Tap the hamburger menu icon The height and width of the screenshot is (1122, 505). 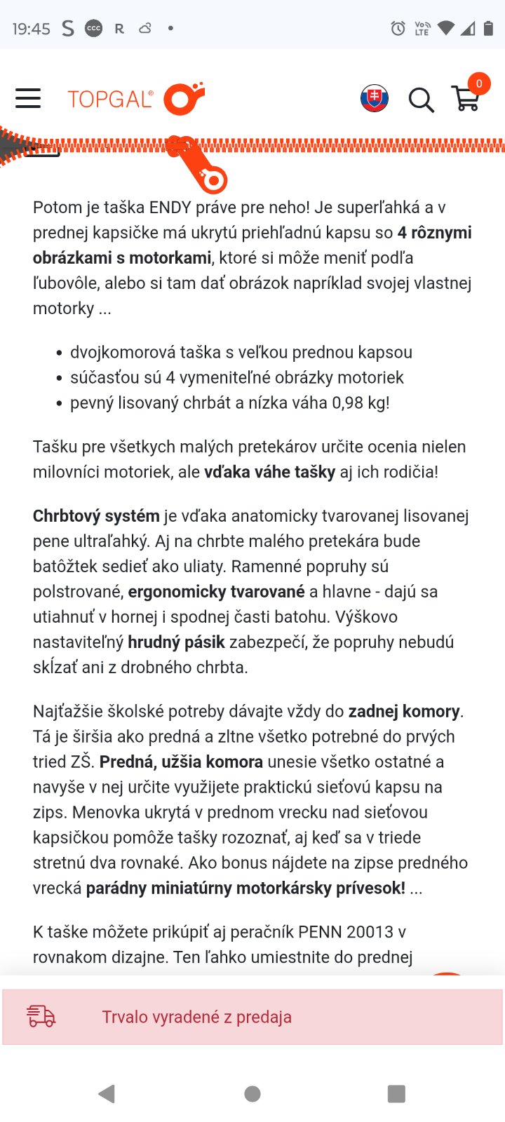tap(28, 98)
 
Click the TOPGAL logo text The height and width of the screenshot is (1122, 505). tap(110, 99)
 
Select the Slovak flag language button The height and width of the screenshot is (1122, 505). tap(375, 99)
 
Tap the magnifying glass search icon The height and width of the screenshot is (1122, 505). tap(421, 100)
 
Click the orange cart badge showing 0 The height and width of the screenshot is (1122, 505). tap(479, 84)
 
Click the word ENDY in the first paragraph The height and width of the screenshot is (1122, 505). tap(173, 208)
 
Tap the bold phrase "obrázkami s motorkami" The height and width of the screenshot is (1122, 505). tap(122, 258)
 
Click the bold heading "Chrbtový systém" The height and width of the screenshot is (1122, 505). tap(96, 516)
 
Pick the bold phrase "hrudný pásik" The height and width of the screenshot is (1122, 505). tap(176, 642)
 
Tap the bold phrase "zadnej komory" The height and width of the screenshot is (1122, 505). tap(404, 712)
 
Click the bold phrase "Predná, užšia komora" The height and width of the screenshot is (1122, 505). tap(181, 762)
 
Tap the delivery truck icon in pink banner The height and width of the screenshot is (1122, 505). tap(41, 1016)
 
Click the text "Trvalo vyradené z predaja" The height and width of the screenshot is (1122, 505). tap(196, 1017)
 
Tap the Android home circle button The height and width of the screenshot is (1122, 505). tap(252, 1094)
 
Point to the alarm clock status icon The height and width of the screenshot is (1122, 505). tap(398, 28)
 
